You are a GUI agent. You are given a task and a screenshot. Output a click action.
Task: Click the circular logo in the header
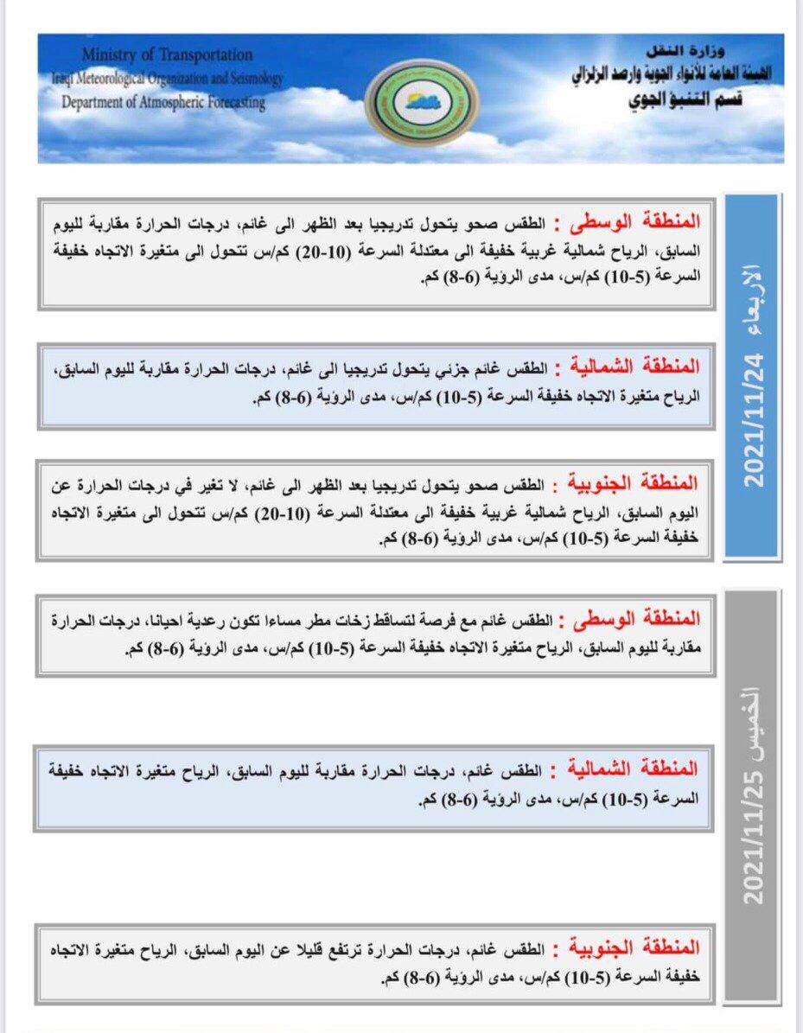click(x=421, y=101)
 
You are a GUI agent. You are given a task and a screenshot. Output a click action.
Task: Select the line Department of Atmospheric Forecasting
click(x=163, y=102)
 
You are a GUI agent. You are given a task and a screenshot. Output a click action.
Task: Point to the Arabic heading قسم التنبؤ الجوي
click(x=685, y=99)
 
